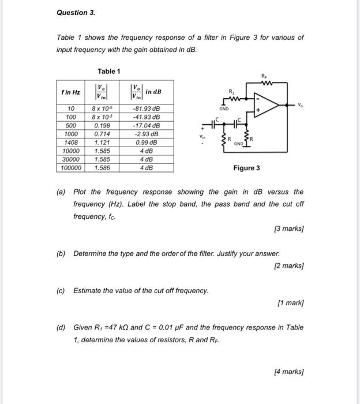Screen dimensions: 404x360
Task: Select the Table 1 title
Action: pos(108,71)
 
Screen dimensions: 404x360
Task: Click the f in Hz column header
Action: pos(71,92)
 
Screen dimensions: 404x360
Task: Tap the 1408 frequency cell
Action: pos(71,142)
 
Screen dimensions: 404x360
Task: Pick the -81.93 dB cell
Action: pos(146,109)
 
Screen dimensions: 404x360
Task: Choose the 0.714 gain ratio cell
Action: pos(102,134)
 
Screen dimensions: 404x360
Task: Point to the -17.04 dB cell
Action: pos(146,125)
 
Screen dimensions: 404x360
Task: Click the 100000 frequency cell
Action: pos(71,168)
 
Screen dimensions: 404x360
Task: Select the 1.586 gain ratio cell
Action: pos(102,168)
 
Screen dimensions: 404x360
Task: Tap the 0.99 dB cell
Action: pos(146,142)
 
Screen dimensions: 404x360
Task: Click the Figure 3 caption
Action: pos(246,168)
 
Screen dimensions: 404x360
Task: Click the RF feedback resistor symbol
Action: pos(265,82)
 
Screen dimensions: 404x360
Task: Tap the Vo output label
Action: pos(301,105)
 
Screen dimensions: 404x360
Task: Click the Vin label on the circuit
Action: pos(202,137)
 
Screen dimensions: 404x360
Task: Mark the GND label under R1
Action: pos(224,109)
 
